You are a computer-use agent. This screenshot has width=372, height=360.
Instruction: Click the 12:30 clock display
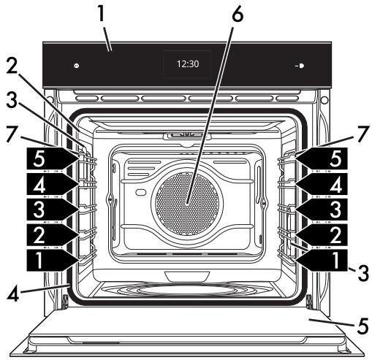pos(188,64)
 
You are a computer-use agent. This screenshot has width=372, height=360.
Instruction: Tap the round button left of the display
pos(77,66)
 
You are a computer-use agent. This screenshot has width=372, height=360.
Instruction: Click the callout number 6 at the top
pos(238,15)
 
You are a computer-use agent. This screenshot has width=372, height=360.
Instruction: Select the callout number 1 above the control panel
pos(101,13)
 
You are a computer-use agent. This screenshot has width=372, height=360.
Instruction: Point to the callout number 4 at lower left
pos(13,294)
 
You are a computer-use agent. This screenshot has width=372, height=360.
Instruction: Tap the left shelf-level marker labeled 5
pos(52,158)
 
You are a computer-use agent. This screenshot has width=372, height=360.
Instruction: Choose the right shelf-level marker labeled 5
pos(321,158)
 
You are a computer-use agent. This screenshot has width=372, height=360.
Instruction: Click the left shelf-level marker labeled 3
pos(52,210)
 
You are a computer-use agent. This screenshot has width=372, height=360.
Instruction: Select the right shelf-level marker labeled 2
pos(321,234)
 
